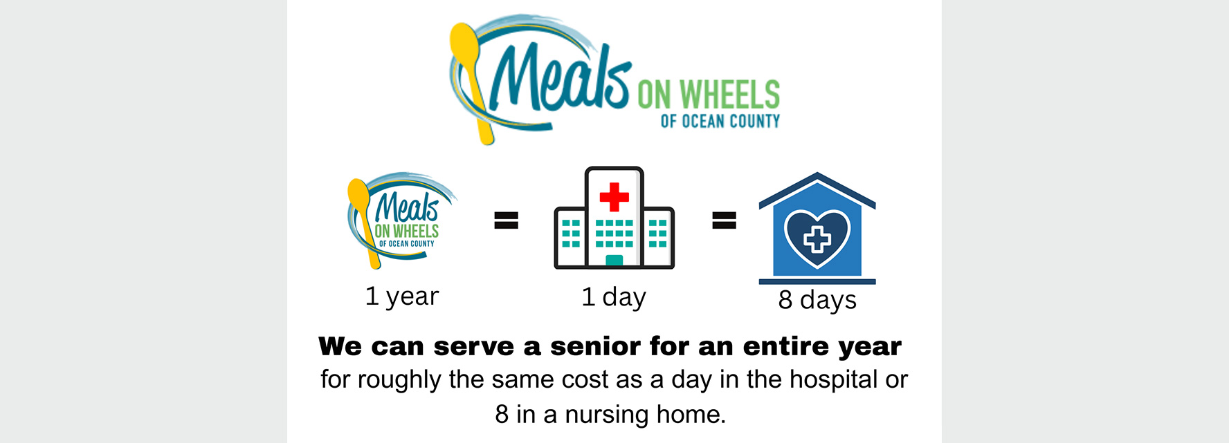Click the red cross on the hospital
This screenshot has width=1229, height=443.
pyautogui.click(x=614, y=197)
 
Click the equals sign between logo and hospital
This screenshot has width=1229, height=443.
pyautogui.click(x=506, y=220)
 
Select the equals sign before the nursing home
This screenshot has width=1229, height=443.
pyautogui.click(x=725, y=220)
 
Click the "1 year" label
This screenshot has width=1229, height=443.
pyautogui.click(x=402, y=296)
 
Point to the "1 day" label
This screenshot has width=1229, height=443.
pyautogui.click(x=614, y=297)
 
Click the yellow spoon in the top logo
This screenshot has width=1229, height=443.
pyautogui.click(x=473, y=79)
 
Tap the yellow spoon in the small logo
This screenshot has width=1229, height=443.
pyautogui.click(x=363, y=221)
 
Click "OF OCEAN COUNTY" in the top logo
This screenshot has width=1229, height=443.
pyautogui.click(x=720, y=121)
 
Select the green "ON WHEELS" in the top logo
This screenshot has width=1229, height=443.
pyautogui.click(x=709, y=95)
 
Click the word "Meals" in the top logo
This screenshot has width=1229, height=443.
pyautogui.click(x=559, y=77)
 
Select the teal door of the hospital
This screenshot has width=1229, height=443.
pyautogui.click(x=614, y=261)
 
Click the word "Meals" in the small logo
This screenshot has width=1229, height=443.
pyautogui.click(x=407, y=207)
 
